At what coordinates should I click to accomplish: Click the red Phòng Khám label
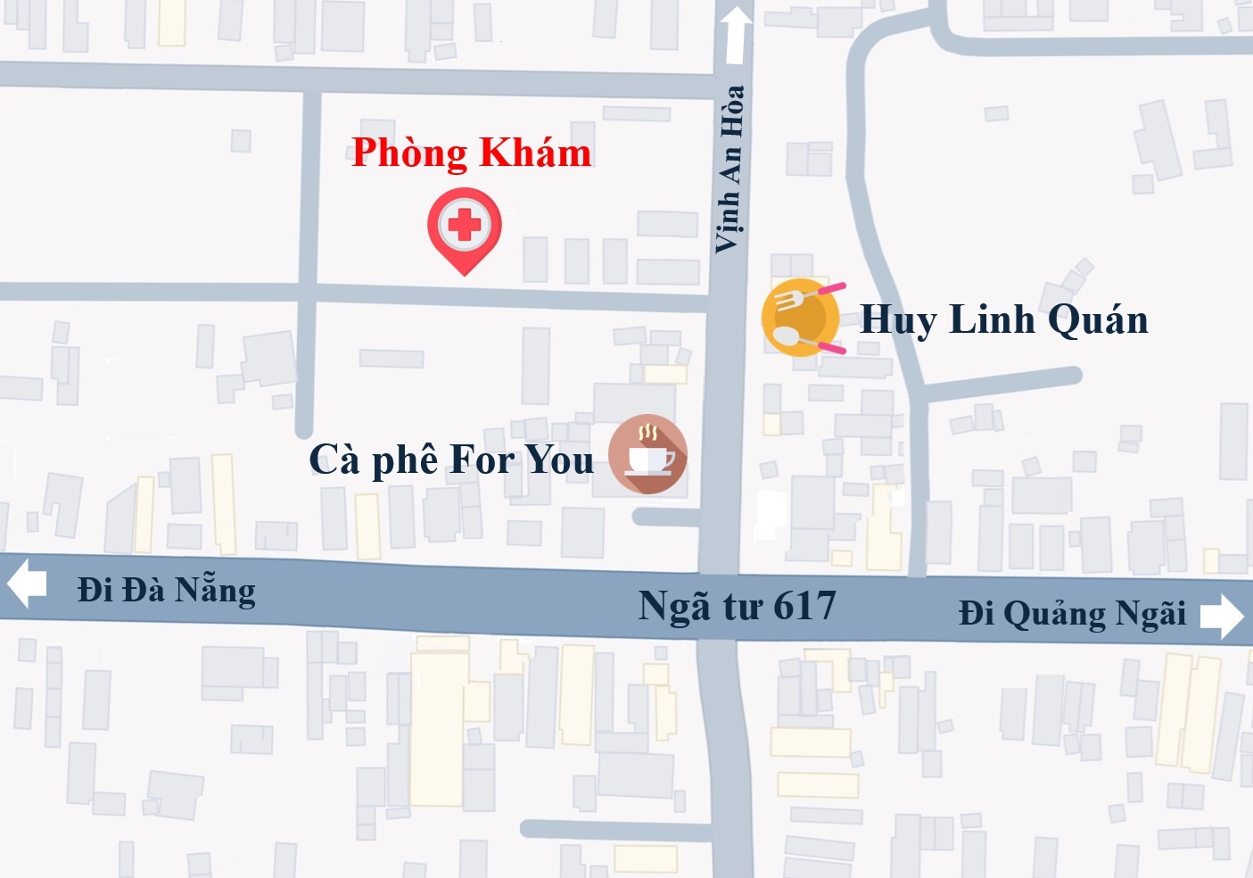[471, 153]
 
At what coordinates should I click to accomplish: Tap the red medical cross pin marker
[464, 226]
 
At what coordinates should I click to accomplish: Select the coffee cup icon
[648, 454]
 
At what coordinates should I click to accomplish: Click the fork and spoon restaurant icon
[801, 319]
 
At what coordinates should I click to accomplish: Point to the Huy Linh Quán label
[1003, 319]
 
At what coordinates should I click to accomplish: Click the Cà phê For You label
[451, 460]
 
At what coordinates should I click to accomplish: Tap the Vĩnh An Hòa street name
[730, 169]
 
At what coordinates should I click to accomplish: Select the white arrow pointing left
[27, 583]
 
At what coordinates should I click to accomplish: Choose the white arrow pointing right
[1221, 616]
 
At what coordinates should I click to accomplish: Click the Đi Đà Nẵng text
[167, 591]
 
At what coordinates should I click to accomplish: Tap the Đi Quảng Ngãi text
[1072, 614]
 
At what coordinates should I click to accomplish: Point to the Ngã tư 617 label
[737, 607]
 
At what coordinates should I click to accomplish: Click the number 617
[804, 607]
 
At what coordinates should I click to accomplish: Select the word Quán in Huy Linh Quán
[1098, 319]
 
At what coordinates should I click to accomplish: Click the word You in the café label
[559, 460]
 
